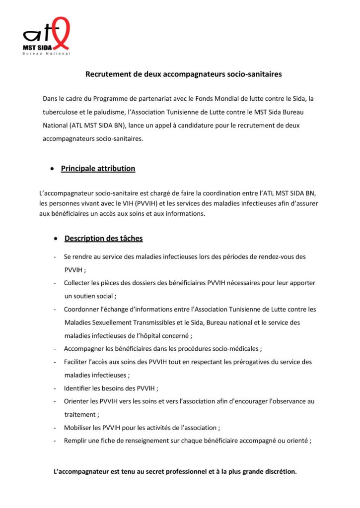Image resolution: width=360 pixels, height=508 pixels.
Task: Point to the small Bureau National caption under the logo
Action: [47, 54]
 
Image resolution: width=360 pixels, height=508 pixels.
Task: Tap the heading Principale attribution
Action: [98, 169]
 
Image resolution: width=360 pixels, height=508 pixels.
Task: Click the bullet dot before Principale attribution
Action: [52, 169]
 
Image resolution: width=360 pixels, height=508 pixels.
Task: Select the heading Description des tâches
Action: [103, 239]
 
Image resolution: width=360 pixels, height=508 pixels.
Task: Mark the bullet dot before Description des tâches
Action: [56, 239]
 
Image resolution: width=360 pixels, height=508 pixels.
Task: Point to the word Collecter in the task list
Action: [77, 283]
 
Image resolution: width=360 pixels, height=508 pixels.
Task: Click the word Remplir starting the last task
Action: [76, 441]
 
